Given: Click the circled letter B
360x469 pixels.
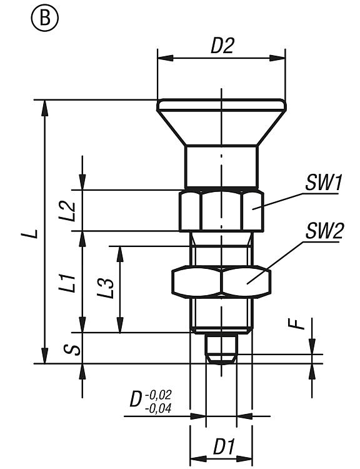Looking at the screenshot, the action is tap(45, 18).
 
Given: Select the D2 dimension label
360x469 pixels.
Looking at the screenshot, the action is tap(222, 46).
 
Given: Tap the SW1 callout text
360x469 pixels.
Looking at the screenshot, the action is tap(323, 183).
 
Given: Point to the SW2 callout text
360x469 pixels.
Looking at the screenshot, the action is tap(324, 231).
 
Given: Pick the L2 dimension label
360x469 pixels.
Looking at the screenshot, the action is tap(67, 211).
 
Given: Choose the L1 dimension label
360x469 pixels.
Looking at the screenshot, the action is tap(67, 282).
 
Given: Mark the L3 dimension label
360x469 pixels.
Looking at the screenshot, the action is tap(105, 288).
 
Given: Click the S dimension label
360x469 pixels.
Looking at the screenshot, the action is tap(72, 350).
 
